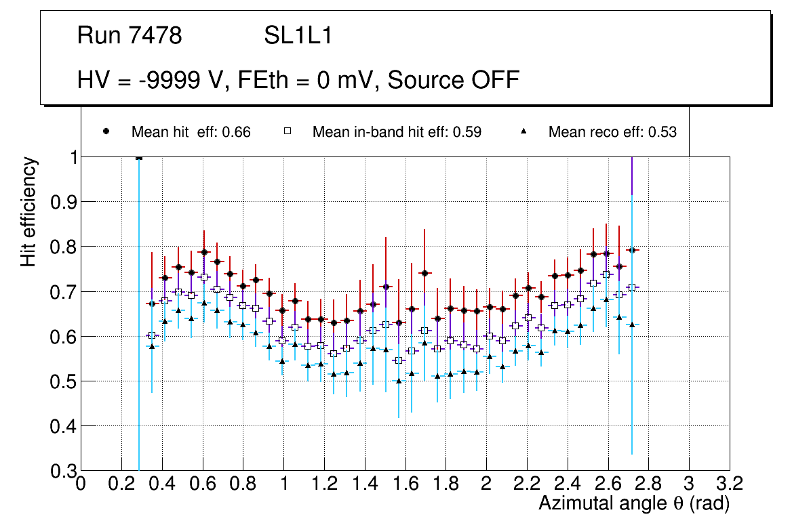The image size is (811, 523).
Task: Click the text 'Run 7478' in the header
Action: tap(130, 36)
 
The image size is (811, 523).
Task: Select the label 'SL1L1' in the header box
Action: tap(298, 36)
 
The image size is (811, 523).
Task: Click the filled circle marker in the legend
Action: tap(106, 131)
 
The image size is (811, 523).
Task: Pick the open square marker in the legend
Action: tap(288, 131)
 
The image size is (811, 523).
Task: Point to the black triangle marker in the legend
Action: tap(523, 131)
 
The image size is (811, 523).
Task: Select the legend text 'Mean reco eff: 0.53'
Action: tap(612, 132)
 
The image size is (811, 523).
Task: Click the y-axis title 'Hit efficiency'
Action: tap(28, 212)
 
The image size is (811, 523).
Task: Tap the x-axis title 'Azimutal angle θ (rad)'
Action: tap(635, 503)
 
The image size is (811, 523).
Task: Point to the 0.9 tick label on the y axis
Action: tap(62, 202)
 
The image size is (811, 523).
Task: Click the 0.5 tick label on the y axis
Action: tap(62, 381)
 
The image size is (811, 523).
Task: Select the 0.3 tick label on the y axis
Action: tap(62, 471)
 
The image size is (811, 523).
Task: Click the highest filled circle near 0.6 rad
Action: tap(204, 252)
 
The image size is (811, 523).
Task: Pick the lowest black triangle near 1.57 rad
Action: tap(399, 381)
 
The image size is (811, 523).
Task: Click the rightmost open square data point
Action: tap(632, 287)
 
